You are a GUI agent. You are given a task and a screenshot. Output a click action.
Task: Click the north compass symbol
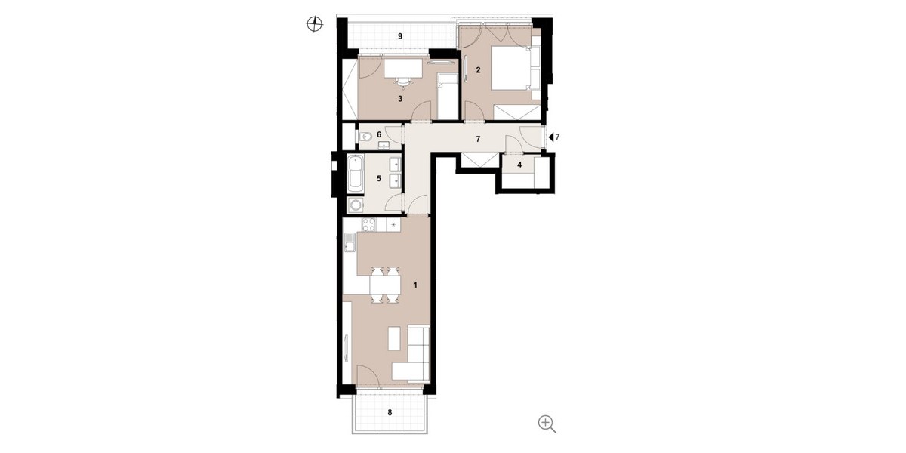[x=314, y=24]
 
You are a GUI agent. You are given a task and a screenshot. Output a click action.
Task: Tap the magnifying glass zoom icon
[x=547, y=424]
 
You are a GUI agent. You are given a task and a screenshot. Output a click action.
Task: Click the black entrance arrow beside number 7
[x=550, y=137]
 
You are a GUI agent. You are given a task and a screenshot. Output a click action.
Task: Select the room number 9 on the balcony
[x=400, y=36]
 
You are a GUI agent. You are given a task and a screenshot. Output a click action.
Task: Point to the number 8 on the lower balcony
[x=390, y=412]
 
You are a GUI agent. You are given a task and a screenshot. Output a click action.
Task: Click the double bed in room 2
[x=512, y=68]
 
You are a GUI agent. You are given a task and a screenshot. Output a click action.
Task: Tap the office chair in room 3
[x=120, y=82]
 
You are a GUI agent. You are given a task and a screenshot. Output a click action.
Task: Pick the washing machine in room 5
[x=356, y=205]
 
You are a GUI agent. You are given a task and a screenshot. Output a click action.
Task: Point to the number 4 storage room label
[x=519, y=165]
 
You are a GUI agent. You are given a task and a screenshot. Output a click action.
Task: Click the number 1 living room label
[x=415, y=285]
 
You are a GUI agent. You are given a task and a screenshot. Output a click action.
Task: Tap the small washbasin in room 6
[x=382, y=145]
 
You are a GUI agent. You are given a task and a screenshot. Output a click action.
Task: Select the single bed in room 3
[x=447, y=97]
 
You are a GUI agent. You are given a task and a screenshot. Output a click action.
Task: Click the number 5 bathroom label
[x=379, y=178]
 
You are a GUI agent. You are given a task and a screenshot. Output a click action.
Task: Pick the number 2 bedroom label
[x=478, y=70]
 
